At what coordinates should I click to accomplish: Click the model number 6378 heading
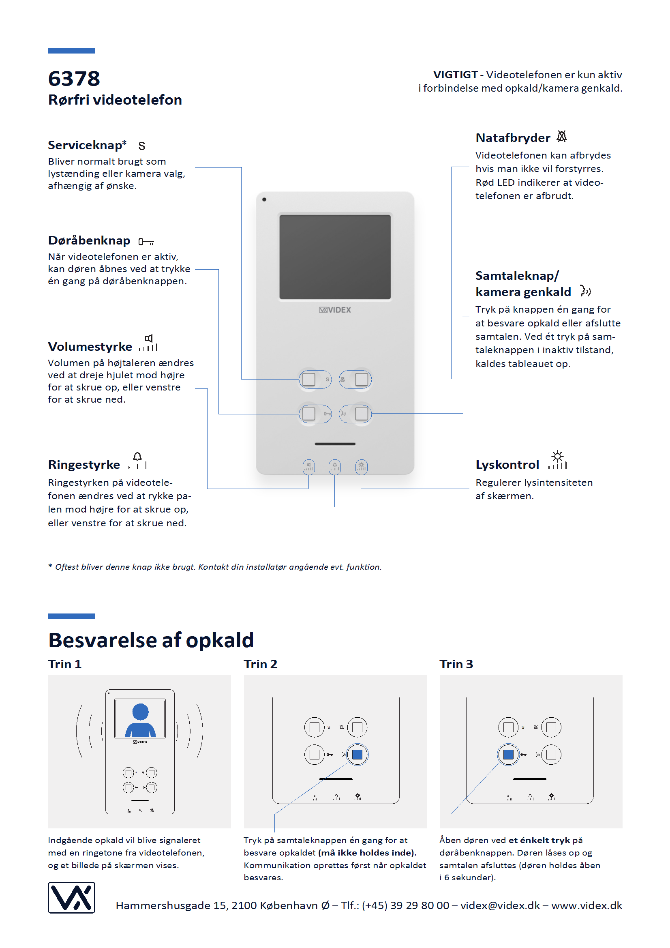(74, 78)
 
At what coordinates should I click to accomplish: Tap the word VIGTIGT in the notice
(455, 75)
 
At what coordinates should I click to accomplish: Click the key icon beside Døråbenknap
(146, 242)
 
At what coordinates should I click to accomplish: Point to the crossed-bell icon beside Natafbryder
(561, 136)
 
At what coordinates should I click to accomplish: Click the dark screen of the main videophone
(335, 257)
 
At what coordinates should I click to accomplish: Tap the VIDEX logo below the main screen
(335, 310)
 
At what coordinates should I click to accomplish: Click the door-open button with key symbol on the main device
(309, 413)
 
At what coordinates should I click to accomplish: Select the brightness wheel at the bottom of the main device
(361, 467)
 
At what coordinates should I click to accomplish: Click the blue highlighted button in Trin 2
(357, 754)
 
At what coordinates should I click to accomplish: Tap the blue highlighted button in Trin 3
(508, 754)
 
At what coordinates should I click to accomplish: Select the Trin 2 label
(260, 664)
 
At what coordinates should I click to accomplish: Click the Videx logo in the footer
(71, 897)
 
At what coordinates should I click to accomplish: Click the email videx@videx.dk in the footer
(500, 905)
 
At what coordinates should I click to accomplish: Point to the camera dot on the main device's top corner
(264, 199)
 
